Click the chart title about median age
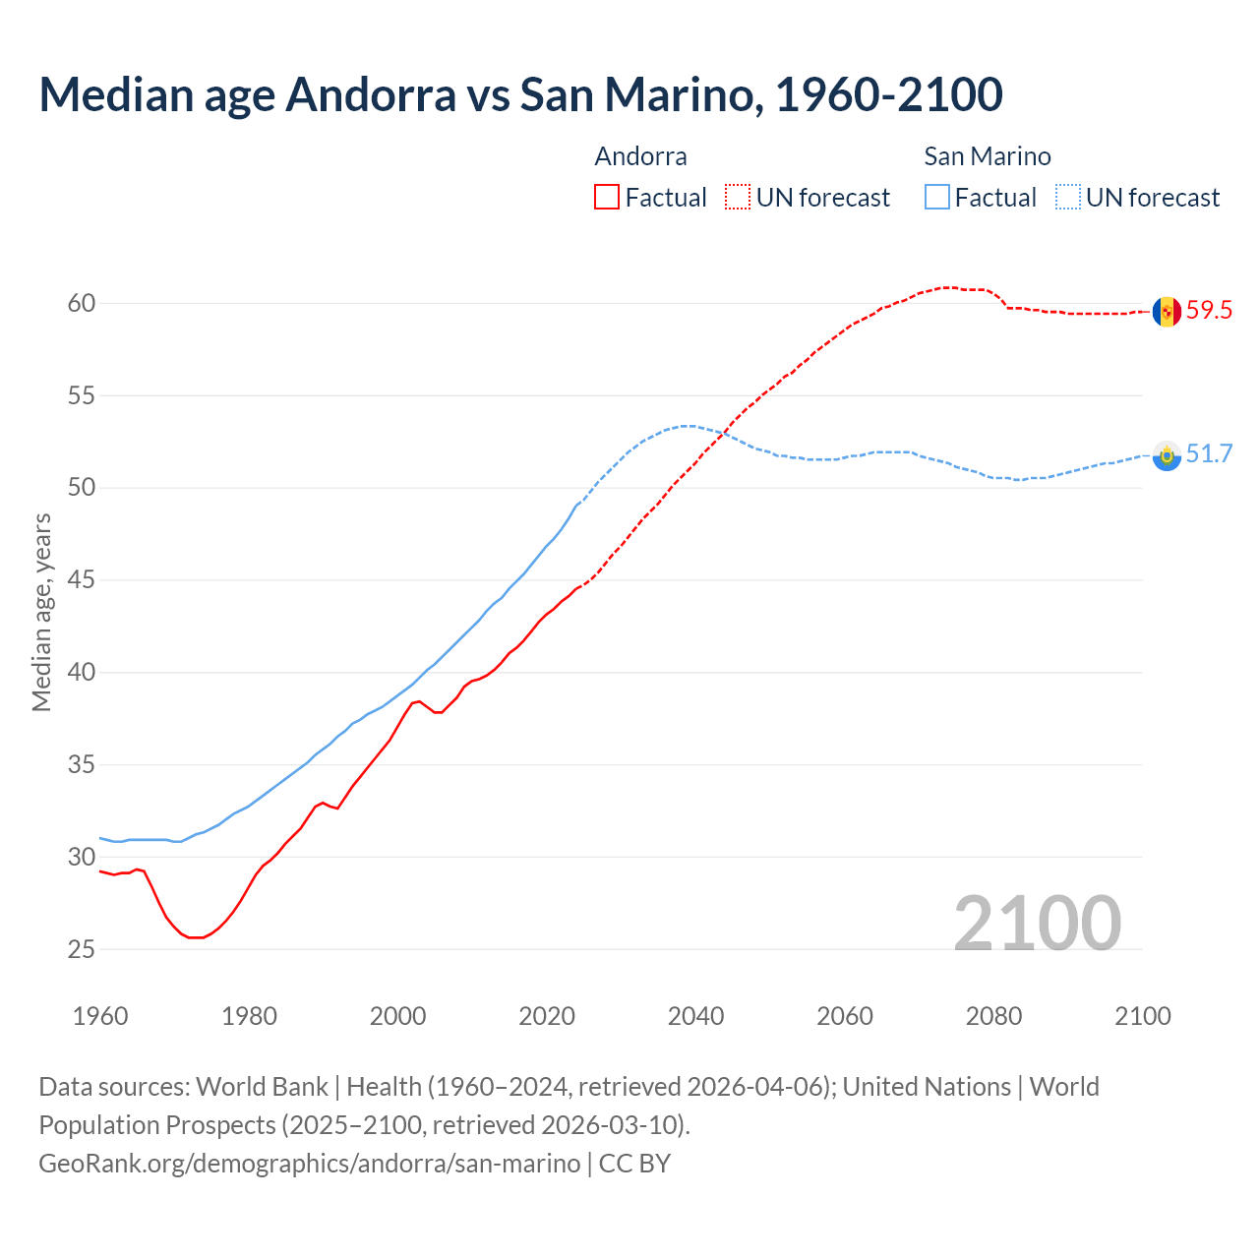[x=520, y=94]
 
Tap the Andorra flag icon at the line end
[x=1167, y=312]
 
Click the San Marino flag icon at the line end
[x=1167, y=455]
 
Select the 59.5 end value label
[x=1209, y=311]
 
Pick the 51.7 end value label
[x=1209, y=453]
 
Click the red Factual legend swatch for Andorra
[x=607, y=198]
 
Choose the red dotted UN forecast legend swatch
[x=738, y=198]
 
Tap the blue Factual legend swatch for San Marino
[x=937, y=198]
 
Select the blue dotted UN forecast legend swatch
[x=1068, y=198]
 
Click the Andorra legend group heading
[x=640, y=156]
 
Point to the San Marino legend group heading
[x=987, y=156]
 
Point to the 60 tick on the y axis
[x=82, y=303]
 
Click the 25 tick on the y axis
[x=82, y=949]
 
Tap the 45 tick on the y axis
[x=82, y=580]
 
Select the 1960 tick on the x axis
[x=100, y=1016]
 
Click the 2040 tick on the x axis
[x=695, y=1016]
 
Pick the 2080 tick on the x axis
[x=993, y=1016]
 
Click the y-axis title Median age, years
[x=41, y=612]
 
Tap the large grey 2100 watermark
[x=1037, y=923]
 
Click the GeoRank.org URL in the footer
[x=309, y=1164]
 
